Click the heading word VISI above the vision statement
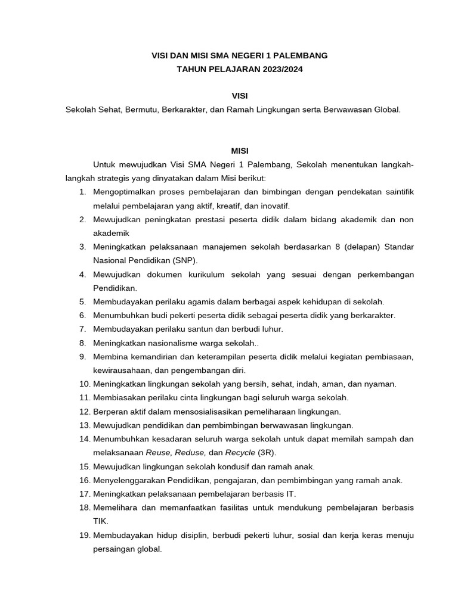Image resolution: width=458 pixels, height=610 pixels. tap(239, 96)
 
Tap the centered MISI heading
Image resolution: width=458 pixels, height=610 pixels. tap(239, 151)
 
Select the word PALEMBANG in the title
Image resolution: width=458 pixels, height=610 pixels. tap(298, 55)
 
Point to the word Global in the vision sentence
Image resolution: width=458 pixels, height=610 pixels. tap(385, 110)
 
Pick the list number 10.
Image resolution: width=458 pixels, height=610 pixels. tap(83, 384)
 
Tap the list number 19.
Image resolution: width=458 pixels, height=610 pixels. tap(83, 536)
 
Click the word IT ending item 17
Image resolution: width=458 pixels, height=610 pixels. tap(290, 494)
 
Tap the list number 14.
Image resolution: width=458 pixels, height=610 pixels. tap(83, 439)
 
